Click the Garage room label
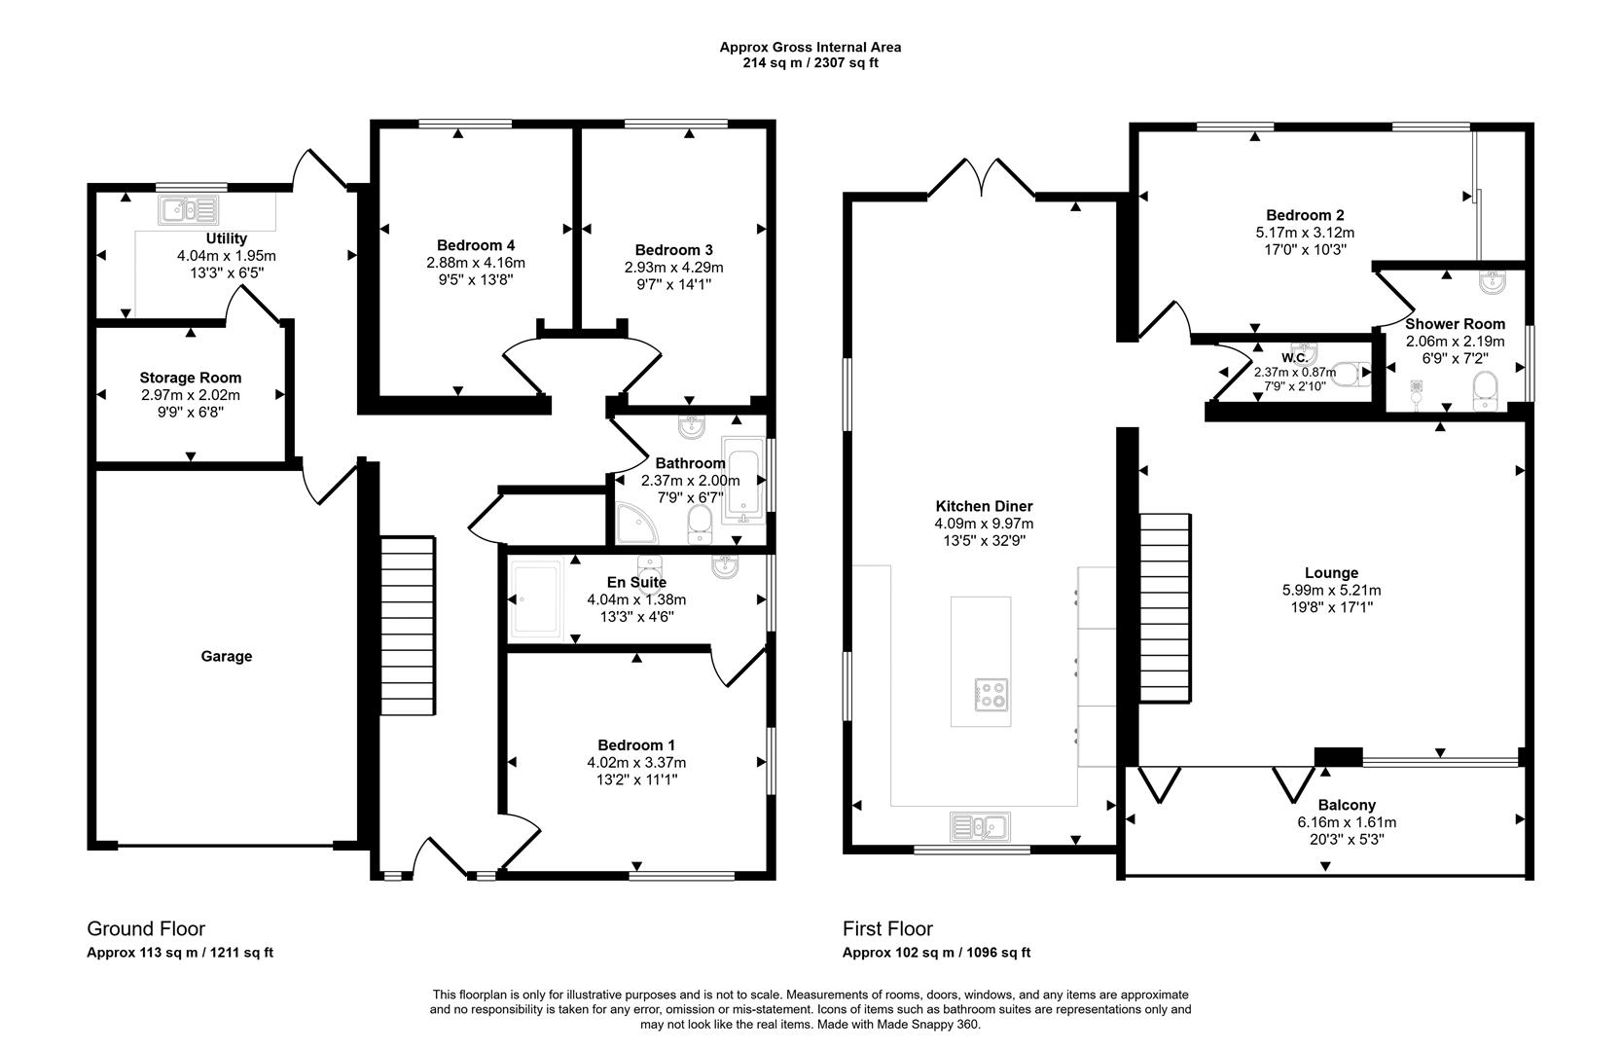coord(227,657)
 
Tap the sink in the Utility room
coord(190,209)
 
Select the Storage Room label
coord(190,378)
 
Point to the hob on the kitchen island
coord(991,694)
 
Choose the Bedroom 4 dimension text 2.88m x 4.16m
coord(475,263)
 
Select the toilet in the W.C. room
coord(1350,373)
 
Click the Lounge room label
coord(1331,573)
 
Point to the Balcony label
coord(1347,805)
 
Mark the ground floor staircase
coord(407,627)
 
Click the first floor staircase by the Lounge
coord(1165,607)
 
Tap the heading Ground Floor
coord(146,928)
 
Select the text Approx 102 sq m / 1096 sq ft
coord(936,953)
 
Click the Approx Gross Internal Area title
coord(810,47)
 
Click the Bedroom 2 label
coord(1305,215)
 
